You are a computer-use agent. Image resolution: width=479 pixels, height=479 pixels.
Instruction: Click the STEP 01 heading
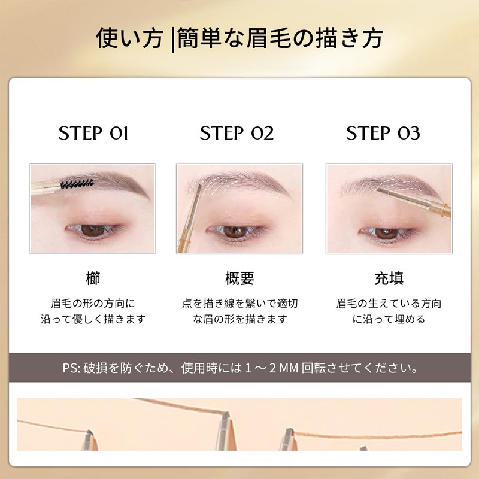tap(93, 133)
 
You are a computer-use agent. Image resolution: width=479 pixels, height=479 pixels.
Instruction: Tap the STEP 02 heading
tap(237, 133)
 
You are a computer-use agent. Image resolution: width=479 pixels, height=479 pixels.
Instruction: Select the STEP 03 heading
tap(383, 133)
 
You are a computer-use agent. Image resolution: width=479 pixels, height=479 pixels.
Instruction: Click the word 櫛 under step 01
tap(93, 278)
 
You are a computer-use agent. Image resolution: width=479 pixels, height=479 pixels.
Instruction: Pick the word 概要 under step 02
tap(239, 278)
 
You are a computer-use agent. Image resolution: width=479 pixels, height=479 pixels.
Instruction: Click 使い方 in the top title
tap(129, 39)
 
